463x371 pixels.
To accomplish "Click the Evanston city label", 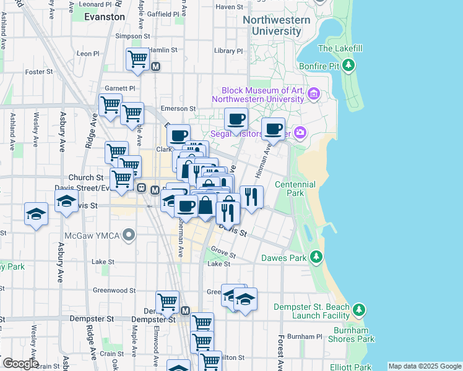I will click(104, 17).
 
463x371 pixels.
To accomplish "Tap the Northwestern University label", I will click(276, 25).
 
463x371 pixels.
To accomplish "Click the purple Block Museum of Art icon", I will click(314, 94).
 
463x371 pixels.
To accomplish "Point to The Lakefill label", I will click(338, 48).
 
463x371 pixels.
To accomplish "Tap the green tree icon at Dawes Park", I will click(316, 257).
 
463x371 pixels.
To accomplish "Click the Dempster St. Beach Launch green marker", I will click(358, 309).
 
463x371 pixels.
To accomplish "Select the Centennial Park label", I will click(295, 189).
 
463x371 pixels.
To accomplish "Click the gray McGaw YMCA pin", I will click(129, 234).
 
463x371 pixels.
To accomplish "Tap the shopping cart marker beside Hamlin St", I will click(137, 59).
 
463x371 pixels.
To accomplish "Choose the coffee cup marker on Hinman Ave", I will click(273, 129).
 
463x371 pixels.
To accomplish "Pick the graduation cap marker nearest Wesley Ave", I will click(37, 214).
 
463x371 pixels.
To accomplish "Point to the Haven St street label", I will click(230, 7).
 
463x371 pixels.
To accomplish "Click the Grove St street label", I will click(223, 254).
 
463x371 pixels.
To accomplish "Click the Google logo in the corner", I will click(20, 364).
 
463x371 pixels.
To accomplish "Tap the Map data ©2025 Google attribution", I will click(425, 366).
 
